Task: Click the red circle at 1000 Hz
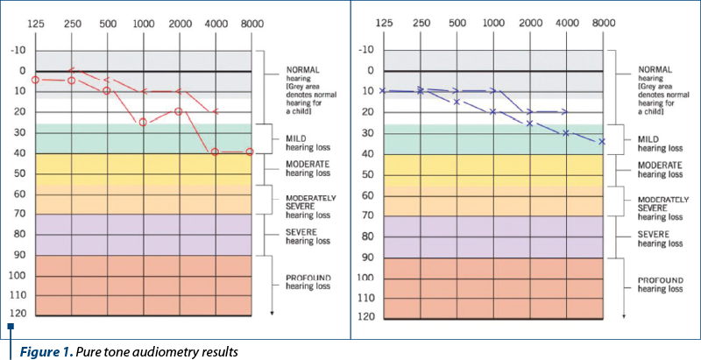coord(143,123)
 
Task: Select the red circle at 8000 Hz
coord(251,152)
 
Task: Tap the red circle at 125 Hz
coord(35,80)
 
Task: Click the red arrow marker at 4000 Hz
coord(216,111)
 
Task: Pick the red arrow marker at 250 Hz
coord(72,70)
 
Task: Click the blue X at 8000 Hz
coord(602,141)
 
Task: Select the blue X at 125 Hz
coord(383,90)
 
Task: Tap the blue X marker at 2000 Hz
coord(529,124)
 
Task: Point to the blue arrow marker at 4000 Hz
coord(565,112)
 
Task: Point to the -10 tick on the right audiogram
coord(366,50)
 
